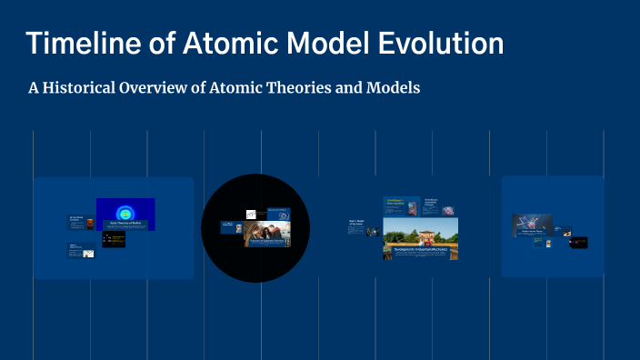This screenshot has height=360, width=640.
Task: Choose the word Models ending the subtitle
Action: click(394, 88)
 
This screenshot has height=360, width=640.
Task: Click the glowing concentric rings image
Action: click(125, 210)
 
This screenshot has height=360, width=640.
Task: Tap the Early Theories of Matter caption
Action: click(125, 224)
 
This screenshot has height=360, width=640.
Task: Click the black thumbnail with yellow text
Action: click(114, 240)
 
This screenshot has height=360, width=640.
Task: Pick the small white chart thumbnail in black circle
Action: click(251, 215)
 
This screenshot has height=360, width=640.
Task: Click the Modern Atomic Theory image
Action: click(531, 224)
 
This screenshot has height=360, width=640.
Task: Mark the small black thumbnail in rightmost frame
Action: click(578, 243)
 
